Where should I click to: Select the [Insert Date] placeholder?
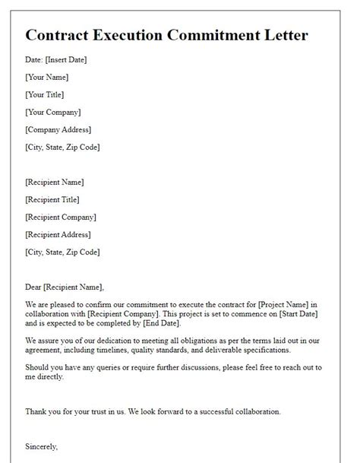click(x=67, y=59)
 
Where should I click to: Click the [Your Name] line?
click(x=46, y=77)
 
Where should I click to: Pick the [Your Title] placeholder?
click(x=44, y=94)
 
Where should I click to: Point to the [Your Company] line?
click(x=52, y=112)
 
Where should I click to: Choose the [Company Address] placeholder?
click(x=58, y=129)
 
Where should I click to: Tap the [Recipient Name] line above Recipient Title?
click(x=55, y=182)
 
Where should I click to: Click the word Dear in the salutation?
click(x=33, y=287)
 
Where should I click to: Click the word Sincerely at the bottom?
click(x=42, y=447)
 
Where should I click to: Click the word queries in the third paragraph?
click(x=99, y=367)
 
